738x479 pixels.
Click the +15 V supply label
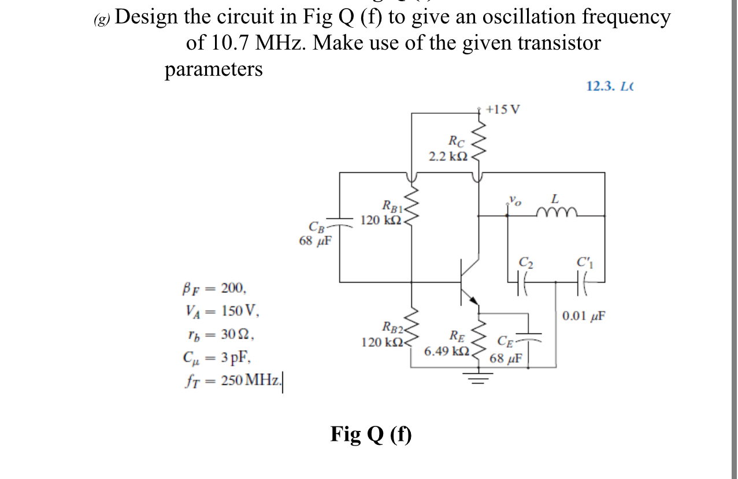(503, 109)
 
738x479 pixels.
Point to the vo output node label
(514, 201)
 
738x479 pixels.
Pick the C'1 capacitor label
(585, 263)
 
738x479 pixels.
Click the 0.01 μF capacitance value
(584, 315)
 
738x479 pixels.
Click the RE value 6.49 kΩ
(447, 351)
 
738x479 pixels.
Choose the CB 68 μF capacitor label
(315, 234)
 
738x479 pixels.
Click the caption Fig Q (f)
(372, 433)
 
